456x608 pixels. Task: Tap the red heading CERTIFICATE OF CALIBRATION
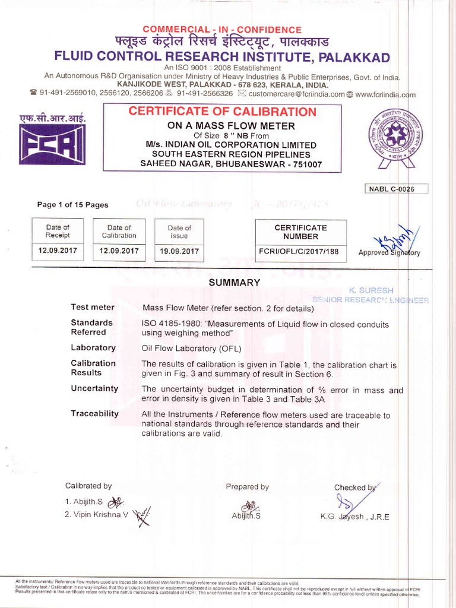222,112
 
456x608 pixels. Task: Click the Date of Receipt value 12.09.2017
58,251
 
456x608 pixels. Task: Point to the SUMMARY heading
234,283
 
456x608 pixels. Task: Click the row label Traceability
94,413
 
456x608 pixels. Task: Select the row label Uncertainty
94,388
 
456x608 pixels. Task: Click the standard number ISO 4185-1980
170,324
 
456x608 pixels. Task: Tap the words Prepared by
247,487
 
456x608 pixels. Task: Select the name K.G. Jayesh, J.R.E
354,517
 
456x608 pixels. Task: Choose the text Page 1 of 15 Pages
72,205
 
